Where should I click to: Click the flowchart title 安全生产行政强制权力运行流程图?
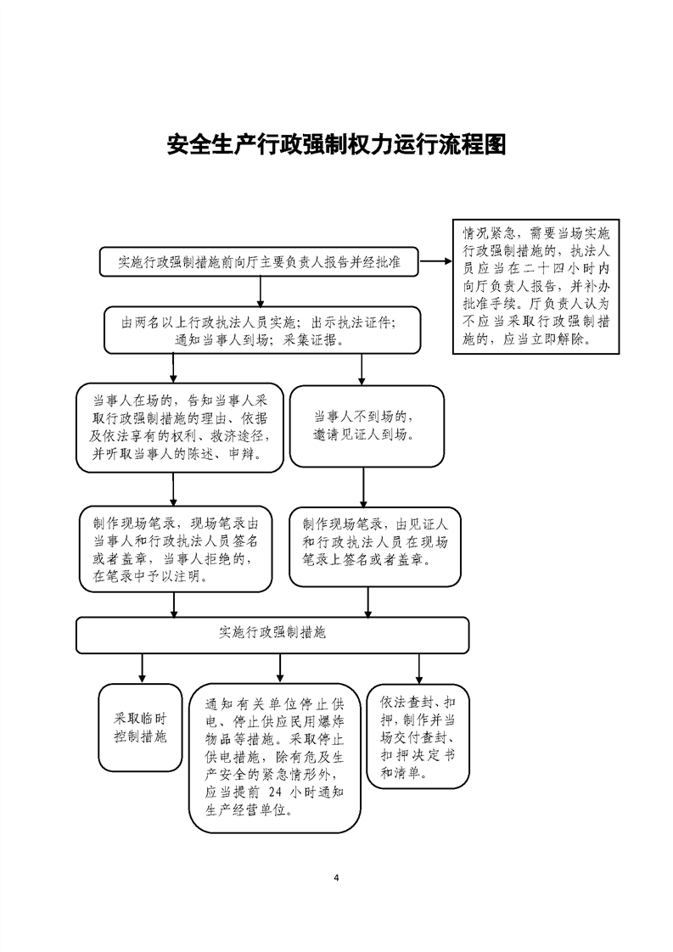336,145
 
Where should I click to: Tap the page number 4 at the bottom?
336,877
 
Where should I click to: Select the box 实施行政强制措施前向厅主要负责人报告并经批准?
260,261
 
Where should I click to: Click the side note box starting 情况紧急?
536,286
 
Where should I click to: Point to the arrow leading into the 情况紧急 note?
435,261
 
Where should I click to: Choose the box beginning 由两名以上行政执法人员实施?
262,330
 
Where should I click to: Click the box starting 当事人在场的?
180,428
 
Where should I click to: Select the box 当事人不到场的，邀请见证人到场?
367,426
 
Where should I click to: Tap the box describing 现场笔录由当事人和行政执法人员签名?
176,549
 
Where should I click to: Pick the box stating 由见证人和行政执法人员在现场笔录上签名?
375,546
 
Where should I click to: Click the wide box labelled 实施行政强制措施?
272,635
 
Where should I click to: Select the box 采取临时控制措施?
140,728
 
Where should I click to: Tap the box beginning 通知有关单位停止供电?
274,758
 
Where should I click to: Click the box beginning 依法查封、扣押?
418,736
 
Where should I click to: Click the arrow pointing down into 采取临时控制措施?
142,669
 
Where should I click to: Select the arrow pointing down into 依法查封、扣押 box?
418,669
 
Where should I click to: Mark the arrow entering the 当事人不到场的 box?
362,370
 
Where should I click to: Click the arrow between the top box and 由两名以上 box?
261,291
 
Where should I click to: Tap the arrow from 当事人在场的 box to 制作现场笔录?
173,490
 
